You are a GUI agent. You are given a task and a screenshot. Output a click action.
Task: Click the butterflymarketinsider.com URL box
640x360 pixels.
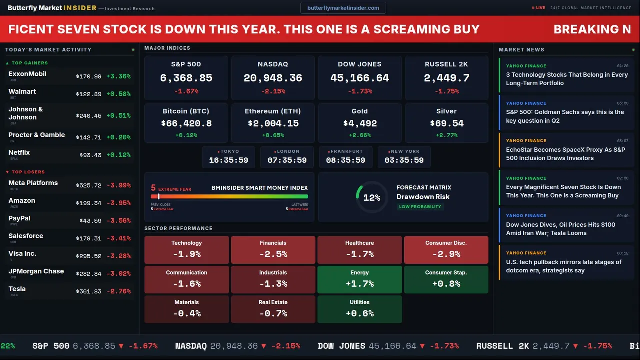[343, 8]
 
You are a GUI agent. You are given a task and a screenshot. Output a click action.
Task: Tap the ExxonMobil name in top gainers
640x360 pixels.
[27, 74]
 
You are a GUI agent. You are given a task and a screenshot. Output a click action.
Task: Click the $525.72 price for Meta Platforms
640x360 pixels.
[88, 185]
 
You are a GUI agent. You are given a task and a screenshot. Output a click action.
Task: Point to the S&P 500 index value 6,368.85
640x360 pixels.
[186, 78]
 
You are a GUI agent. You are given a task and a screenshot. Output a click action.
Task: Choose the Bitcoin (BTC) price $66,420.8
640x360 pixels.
[186, 123]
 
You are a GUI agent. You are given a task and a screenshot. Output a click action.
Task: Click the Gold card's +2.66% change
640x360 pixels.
[360, 135]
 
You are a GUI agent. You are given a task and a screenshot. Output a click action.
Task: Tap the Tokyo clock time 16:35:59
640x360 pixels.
[229, 160]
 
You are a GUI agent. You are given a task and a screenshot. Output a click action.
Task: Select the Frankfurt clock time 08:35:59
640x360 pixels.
[345, 160]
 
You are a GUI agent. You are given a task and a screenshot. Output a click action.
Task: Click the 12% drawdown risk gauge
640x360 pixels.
[371, 198]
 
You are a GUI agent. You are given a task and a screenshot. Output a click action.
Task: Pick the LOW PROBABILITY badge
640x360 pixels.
[420, 207]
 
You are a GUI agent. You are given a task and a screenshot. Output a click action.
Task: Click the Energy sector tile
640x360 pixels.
[360, 279]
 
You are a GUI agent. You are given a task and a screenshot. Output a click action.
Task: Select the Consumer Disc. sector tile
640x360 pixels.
[446, 250]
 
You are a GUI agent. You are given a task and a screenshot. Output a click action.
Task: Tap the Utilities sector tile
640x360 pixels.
[360, 309]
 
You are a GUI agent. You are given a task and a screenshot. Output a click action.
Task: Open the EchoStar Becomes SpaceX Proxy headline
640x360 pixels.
[565, 154]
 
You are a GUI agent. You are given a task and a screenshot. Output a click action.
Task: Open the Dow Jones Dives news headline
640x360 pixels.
[560, 229]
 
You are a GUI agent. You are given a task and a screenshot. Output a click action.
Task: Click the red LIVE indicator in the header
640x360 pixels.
[539, 8]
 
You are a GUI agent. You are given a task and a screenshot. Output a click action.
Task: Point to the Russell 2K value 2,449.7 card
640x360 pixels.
[447, 78]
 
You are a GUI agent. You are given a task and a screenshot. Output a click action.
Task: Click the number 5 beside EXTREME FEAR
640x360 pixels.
[153, 188]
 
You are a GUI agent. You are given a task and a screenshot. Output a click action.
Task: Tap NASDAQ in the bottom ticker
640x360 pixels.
[191, 346]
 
